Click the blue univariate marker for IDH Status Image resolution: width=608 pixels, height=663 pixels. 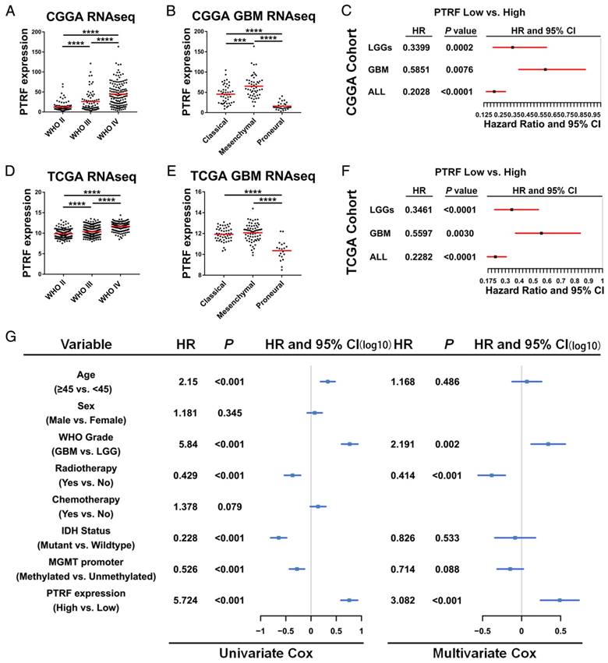(x=278, y=538)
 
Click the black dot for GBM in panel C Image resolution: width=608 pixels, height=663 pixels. (x=545, y=69)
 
